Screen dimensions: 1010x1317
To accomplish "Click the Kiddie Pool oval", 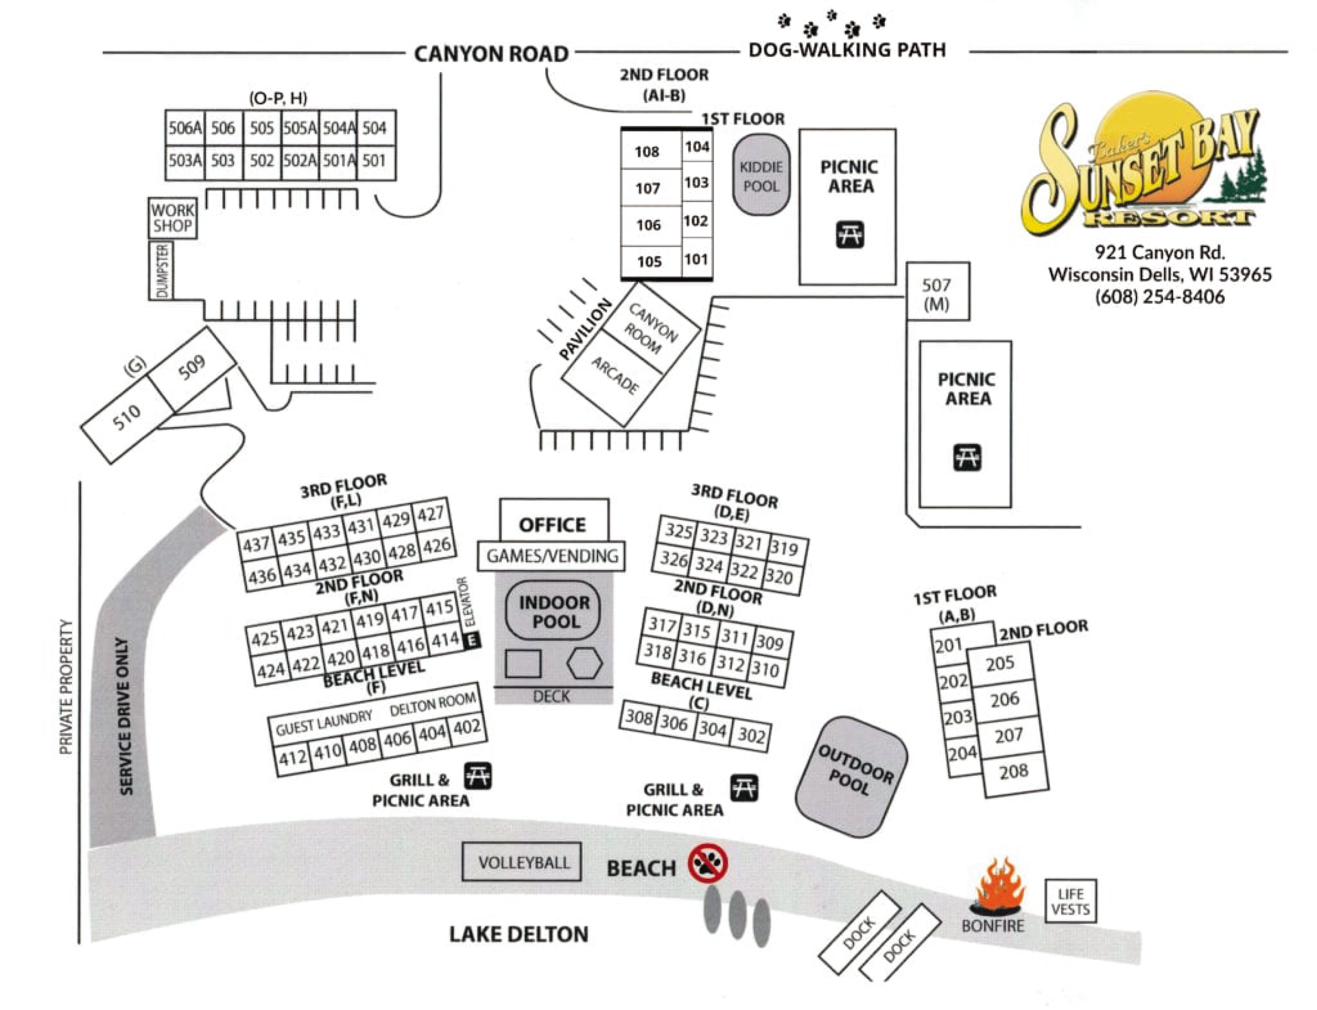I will coord(761,176).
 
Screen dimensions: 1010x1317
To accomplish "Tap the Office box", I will coord(553,524).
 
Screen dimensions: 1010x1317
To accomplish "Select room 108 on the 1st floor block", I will coord(647,151).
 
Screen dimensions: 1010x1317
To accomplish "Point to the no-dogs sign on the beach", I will coord(708,864).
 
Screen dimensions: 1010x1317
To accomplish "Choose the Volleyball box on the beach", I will coord(523,862).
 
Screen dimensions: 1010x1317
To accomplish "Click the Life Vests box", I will coord(1070,902).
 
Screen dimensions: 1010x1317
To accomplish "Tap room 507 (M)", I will coord(937,292).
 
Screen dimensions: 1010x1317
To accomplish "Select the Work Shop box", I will coord(173,218).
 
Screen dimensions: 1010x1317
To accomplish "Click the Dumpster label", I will coord(162,271).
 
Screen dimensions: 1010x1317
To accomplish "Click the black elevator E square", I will coord(472,641).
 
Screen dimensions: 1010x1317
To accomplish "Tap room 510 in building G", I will coord(127,416).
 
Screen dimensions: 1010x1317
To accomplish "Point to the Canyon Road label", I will coord(491,54).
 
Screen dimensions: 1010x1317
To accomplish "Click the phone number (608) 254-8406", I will coord(1159,297).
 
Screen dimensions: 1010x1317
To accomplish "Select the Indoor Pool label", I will coord(554,611).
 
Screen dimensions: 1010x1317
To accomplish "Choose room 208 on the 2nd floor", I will coord(1013,771).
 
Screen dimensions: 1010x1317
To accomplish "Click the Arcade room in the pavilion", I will coord(615,376).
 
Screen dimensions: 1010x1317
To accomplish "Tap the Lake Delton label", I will coord(519,934).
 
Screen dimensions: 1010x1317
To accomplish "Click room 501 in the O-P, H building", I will coord(375,161).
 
